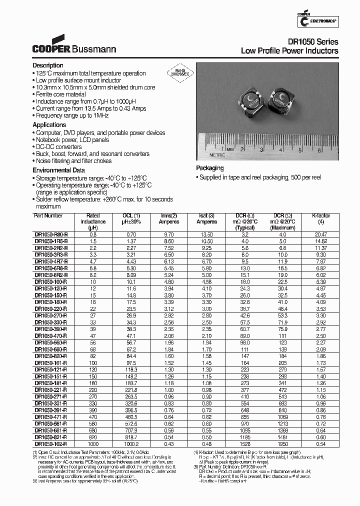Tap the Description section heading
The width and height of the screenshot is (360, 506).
click(48, 65)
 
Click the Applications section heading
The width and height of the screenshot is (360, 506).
click(49, 125)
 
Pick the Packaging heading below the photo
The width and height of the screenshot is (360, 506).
click(209, 168)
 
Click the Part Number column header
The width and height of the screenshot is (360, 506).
click(48, 215)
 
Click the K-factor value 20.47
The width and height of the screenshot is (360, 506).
click(321, 234)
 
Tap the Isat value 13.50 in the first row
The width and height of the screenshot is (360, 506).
click(206, 234)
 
